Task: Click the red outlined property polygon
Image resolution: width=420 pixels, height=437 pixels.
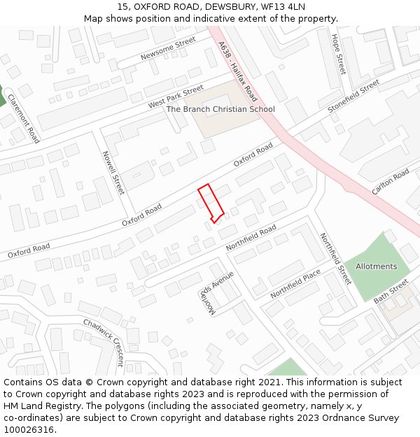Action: coord(211,203)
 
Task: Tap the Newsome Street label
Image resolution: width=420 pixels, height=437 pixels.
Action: coord(168,49)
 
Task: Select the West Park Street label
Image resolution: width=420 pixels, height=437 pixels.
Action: coord(175,97)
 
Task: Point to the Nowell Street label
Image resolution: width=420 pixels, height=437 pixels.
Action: coord(113,173)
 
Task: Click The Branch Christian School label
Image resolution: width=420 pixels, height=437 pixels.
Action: coord(220,109)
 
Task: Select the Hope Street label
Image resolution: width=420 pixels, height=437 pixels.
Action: coord(339,55)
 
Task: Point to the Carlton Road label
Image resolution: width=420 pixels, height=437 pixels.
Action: coord(390,182)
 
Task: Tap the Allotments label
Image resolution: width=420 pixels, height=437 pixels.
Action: coord(376,266)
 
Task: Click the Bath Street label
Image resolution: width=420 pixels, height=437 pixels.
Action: coord(391,292)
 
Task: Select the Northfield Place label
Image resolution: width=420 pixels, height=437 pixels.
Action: coord(295,284)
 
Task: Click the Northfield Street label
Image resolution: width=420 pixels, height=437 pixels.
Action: coord(336,258)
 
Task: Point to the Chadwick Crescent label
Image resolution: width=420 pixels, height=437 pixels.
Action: coord(104,342)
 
